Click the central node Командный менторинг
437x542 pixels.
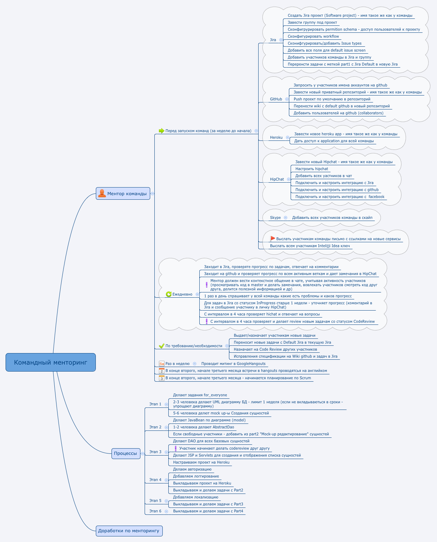tap(51, 362)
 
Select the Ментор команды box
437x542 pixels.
tap(123, 193)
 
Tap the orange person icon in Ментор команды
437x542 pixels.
tap(102, 193)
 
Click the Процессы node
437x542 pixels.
tap(126, 453)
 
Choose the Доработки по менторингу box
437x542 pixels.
tap(129, 530)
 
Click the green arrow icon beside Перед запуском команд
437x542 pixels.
tap(161, 131)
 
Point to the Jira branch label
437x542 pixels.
tap(273, 40)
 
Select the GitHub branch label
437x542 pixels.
tap(276, 99)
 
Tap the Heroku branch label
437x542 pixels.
tap(276, 138)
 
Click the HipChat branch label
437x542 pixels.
tap(277, 179)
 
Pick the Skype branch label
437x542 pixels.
tap(275, 217)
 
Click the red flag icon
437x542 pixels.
tap(273, 238)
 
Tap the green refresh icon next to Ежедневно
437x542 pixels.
tap(169, 294)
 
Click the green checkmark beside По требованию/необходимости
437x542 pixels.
tap(162, 346)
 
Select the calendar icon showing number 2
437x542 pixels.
tap(162, 371)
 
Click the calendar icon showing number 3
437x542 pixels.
tap(162, 378)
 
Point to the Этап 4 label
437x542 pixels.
tap(155, 480)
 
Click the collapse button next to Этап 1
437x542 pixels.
tap(166, 404)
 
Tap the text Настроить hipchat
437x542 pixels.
tap(312, 169)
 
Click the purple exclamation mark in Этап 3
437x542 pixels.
tap(176, 448)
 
